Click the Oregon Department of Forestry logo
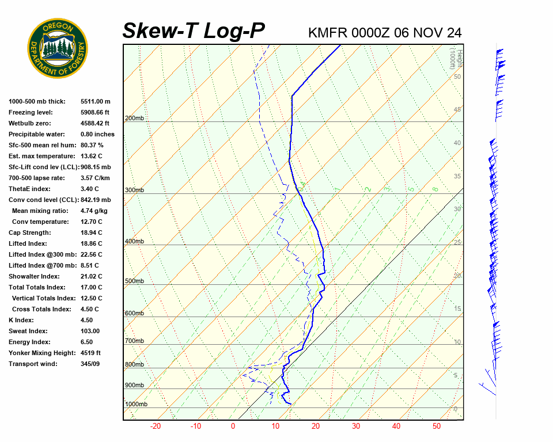click(x=58, y=48)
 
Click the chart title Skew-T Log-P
click(x=194, y=31)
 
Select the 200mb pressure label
click(x=134, y=119)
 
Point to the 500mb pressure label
click(x=134, y=281)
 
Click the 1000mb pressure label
click(x=136, y=405)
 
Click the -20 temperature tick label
click(x=156, y=426)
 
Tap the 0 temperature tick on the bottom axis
click(x=233, y=426)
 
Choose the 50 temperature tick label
click(x=437, y=426)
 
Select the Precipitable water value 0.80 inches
click(x=97, y=135)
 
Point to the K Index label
click(x=21, y=321)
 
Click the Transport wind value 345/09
click(x=92, y=364)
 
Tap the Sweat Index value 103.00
click(x=90, y=331)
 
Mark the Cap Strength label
click(x=29, y=233)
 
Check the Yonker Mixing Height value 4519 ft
click(x=90, y=353)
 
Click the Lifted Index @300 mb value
click(x=92, y=255)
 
